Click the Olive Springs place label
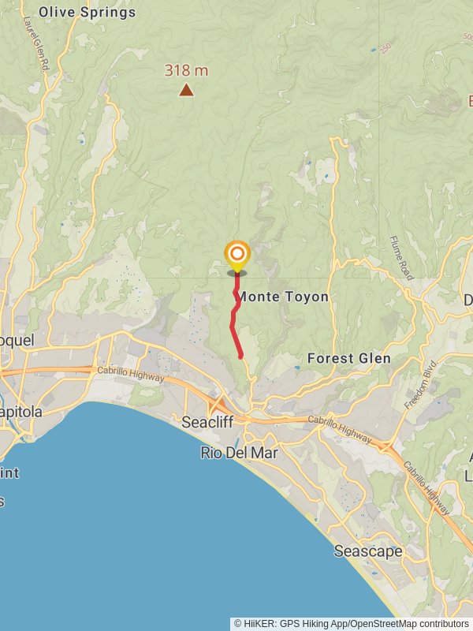click(87, 12)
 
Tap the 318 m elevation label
click(186, 70)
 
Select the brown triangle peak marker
click(186, 90)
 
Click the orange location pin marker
click(236, 256)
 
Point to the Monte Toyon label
click(283, 297)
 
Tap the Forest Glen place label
click(348, 358)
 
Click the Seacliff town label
click(207, 422)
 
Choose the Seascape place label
click(367, 551)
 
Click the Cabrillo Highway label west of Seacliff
click(131, 375)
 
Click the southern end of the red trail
click(240, 357)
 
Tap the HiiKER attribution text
click(351, 623)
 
